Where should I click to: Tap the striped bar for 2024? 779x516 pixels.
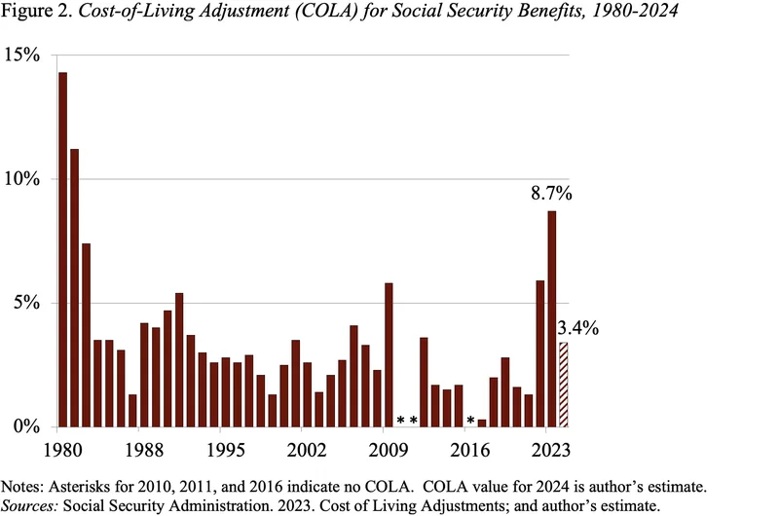click(x=563, y=385)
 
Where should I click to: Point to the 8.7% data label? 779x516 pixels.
click(x=550, y=194)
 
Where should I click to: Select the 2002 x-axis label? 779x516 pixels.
click(x=315, y=451)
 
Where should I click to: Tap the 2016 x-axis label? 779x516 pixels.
click(x=471, y=451)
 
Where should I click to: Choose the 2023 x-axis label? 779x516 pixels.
click(x=550, y=451)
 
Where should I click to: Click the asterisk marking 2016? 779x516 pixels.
click(x=470, y=422)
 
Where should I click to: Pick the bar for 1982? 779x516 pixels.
click(x=86, y=335)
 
